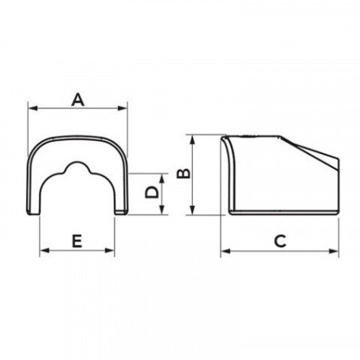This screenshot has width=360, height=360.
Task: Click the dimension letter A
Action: coord(78,100)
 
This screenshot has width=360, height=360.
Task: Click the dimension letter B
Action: coord(184,174)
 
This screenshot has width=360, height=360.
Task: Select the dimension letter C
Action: coord(280,241)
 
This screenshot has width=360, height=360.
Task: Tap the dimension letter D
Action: coord(152,192)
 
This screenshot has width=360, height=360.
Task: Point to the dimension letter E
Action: coord(77,241)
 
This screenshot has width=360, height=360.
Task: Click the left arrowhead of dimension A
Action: coord(33,108)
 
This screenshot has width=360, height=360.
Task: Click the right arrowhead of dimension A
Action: coord(123,108)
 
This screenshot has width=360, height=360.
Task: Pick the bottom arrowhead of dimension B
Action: coord(193,210)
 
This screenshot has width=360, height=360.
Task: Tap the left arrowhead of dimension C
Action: coord(225,251)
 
